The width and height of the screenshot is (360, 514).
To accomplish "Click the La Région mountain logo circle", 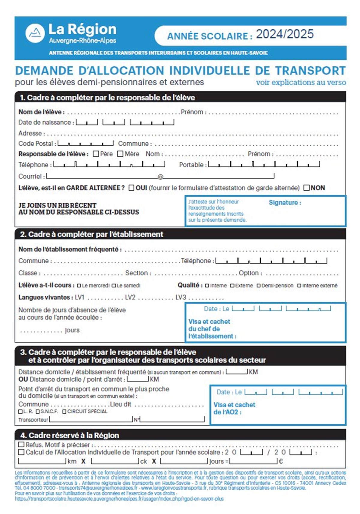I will [35, 33].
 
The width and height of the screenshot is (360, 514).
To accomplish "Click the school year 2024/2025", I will [285, 34].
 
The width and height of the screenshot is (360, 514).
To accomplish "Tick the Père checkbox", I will [96, 154].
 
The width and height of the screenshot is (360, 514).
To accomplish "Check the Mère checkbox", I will [120, 154].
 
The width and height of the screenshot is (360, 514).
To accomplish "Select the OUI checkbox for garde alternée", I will [131, 188].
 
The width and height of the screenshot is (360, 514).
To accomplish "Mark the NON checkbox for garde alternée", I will [307, 188].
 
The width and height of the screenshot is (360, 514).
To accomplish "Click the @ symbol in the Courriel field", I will [160, 177].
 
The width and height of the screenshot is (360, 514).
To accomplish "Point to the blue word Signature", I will [285, 203].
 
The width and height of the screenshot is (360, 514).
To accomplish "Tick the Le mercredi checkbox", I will [79, 286].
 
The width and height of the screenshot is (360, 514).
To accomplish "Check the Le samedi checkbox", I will [114, 286].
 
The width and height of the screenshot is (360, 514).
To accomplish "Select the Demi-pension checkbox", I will [259, 286].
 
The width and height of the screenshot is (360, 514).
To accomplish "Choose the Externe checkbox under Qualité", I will [232, 286].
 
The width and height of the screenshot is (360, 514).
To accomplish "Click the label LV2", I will [130, 298].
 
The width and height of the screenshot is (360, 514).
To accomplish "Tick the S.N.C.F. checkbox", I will [38, 412].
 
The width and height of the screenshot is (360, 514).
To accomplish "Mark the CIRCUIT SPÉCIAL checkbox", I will [64, 412].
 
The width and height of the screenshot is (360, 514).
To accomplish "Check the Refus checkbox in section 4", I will [21, 445].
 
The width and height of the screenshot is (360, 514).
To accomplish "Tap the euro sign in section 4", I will [281, 461].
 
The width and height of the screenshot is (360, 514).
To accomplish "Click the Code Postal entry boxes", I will [85, 144].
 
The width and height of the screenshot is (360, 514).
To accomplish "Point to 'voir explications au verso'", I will [301, 83].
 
